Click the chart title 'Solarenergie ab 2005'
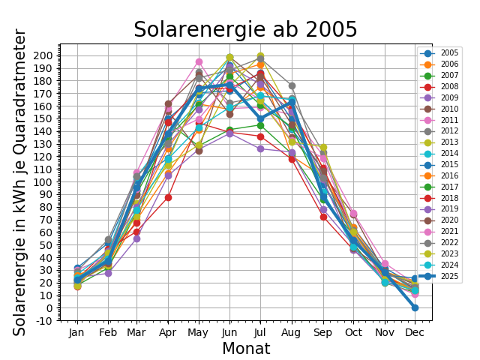245,30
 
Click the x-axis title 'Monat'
245,349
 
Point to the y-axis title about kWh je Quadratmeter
20,182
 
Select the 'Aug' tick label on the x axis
292,331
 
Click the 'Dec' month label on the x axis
415,331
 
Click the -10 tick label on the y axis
41,321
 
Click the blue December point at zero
415,307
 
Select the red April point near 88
168,197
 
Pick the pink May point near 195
199,62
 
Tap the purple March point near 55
136,238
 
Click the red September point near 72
322,217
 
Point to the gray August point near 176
292,86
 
